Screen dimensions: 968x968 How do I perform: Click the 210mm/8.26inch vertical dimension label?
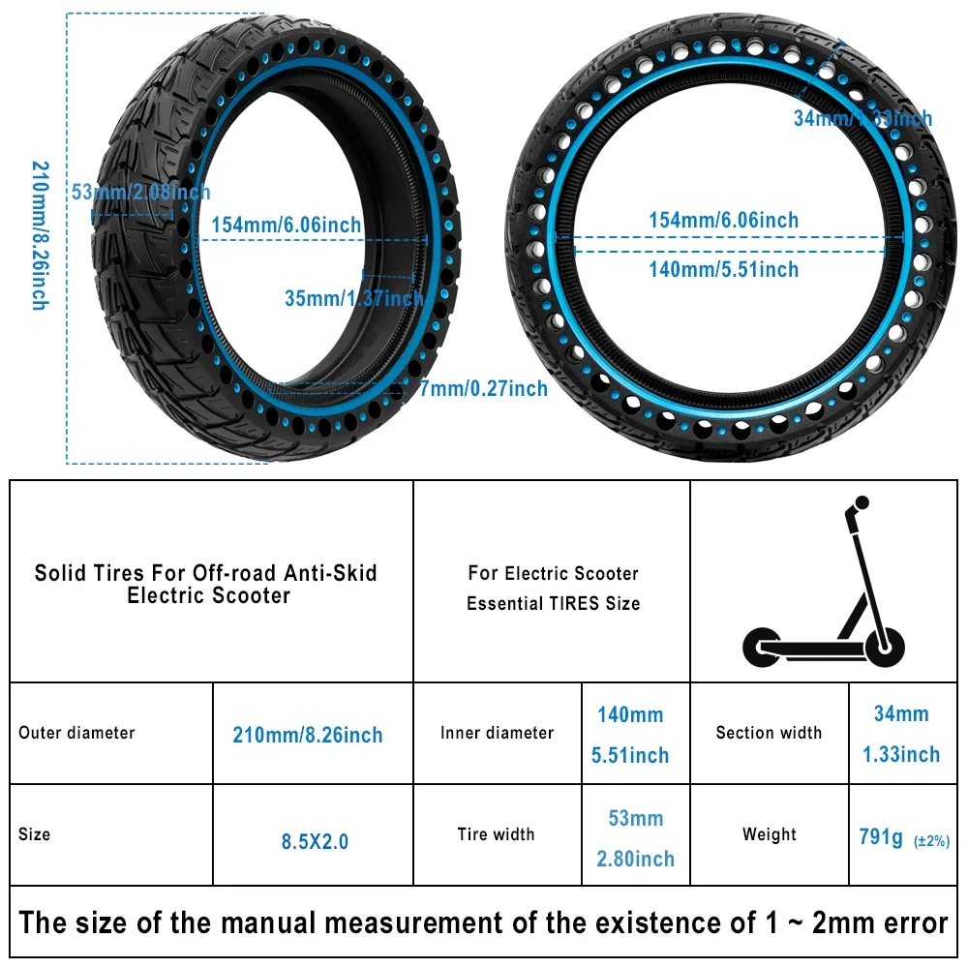point(39,235)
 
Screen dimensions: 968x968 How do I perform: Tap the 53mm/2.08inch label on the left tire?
point(141,191)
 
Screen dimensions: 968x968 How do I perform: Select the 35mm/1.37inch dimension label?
point(354,297)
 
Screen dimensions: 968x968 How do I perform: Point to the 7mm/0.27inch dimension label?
point(483,388)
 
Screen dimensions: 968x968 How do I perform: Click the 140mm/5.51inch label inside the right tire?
point(723,269)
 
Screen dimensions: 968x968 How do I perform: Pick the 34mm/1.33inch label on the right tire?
point(862,118)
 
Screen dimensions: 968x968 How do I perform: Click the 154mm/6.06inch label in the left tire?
point(287,225)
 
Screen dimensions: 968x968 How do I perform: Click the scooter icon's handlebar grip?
point(861,503)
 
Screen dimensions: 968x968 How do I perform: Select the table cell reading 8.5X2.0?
point(315,841)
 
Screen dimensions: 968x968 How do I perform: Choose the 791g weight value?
point(881,837)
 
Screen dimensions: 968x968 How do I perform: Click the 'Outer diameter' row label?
point(77,733)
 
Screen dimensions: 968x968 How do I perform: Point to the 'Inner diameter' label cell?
point(497,733)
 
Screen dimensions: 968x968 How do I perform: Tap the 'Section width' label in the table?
point(769,733)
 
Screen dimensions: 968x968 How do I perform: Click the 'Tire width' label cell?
point(496,834)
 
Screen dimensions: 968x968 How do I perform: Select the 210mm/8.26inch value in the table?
point(308,735)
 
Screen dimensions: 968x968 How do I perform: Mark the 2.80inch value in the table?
point(635,859)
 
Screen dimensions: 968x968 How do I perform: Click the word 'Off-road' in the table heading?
point(237,572)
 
